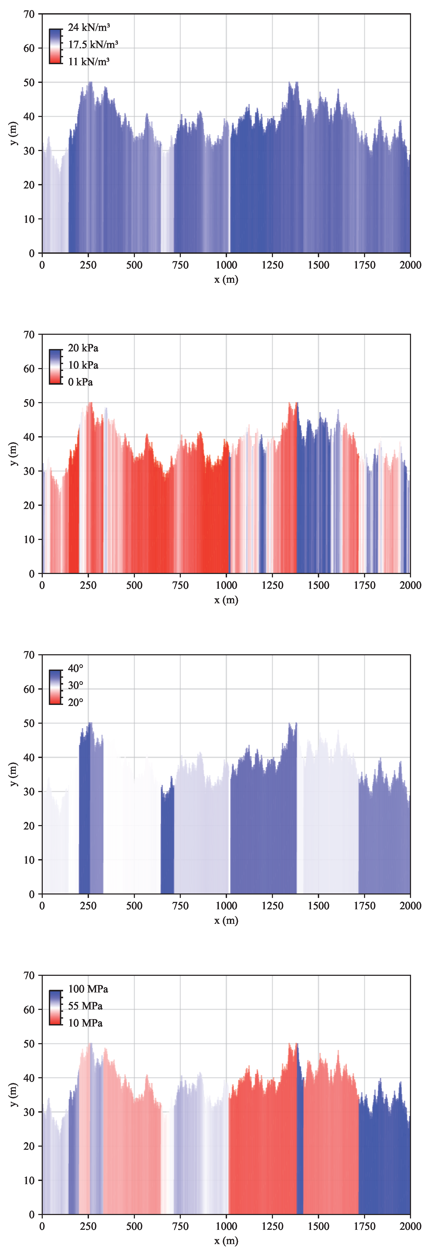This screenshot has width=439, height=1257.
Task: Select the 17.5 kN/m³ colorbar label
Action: (93, 44)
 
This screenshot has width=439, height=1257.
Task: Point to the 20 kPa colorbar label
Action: (83, 348)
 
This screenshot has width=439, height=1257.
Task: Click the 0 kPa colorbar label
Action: (81, 382)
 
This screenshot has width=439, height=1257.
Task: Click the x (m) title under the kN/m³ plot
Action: (226, 280)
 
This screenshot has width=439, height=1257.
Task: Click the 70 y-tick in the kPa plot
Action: (29, 335)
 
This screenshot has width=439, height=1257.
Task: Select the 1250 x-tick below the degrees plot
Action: (272, 906)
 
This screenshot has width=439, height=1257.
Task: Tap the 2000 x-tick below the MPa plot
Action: (410, 1226)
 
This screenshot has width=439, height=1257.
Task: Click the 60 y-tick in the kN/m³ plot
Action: (29, 48)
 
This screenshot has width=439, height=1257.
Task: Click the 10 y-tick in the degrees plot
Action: (29, 860)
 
